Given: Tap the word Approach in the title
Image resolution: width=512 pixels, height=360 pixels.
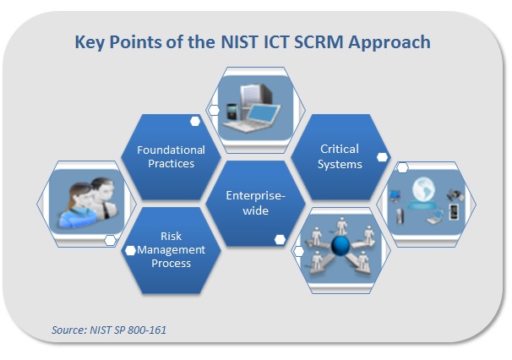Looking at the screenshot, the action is (x=389, y=43).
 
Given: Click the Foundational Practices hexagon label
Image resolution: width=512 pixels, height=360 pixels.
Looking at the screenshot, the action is (x=172, y=156).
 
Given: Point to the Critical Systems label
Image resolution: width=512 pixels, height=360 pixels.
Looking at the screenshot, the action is (x=340, y=156).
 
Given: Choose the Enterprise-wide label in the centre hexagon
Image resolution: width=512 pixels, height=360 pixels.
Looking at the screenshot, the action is (x=256, y=203).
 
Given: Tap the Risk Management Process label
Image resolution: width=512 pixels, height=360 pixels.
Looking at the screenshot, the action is (x=172, y=249).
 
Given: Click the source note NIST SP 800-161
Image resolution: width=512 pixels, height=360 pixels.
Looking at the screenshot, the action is (x=109, y=330).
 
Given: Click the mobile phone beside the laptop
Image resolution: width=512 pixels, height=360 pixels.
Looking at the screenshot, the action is (x=231, y=112).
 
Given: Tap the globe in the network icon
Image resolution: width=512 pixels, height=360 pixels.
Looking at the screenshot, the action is (x=423, y=189).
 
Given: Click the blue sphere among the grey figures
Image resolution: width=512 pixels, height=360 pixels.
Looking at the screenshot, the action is (x=340, y=245).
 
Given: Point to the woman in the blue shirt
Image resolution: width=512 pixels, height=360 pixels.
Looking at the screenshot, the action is (x=79, y=206).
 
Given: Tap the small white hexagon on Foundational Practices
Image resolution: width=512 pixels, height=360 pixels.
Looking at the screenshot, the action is (x=195, y=121).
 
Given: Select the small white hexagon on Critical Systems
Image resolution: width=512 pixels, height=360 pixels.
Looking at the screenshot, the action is (x=382, y=157).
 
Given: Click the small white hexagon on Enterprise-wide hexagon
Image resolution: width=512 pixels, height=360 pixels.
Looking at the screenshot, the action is (x=280, y=239).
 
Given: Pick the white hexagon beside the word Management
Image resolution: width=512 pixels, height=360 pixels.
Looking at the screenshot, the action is (x=130, y=250).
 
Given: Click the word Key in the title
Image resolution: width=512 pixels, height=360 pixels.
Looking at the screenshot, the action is (x=90, y=43).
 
